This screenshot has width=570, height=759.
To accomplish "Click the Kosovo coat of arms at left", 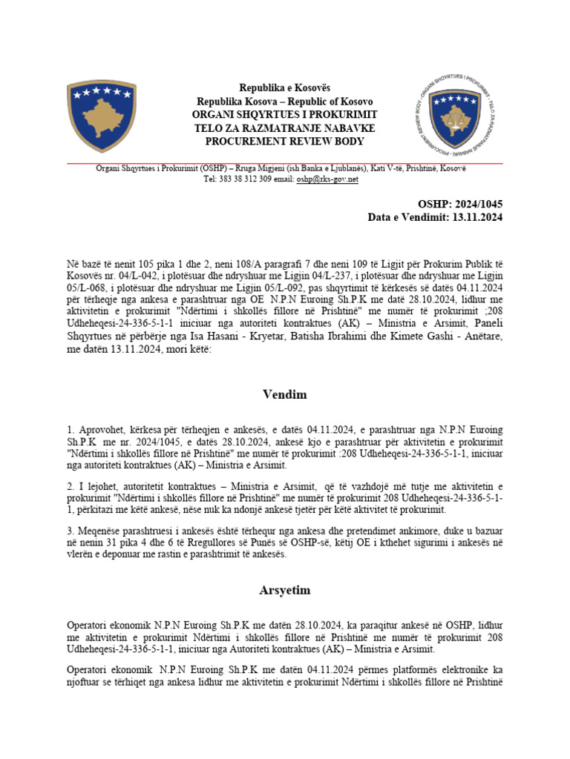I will pyautogui.click(x=101, y=118).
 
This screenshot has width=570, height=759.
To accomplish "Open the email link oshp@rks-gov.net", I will pyautogui.click(x=327, y=179).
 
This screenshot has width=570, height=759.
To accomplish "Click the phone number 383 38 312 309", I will pyautogui.click(x=241, y=179).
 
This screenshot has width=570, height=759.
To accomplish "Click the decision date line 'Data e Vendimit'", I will pyautogui.click(x=435, y=217).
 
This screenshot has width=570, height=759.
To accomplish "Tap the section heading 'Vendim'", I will pyautogui.click(x=284, y=394).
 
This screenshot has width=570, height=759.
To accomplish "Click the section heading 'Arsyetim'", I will pyautogui.click(x=284, y=590).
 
